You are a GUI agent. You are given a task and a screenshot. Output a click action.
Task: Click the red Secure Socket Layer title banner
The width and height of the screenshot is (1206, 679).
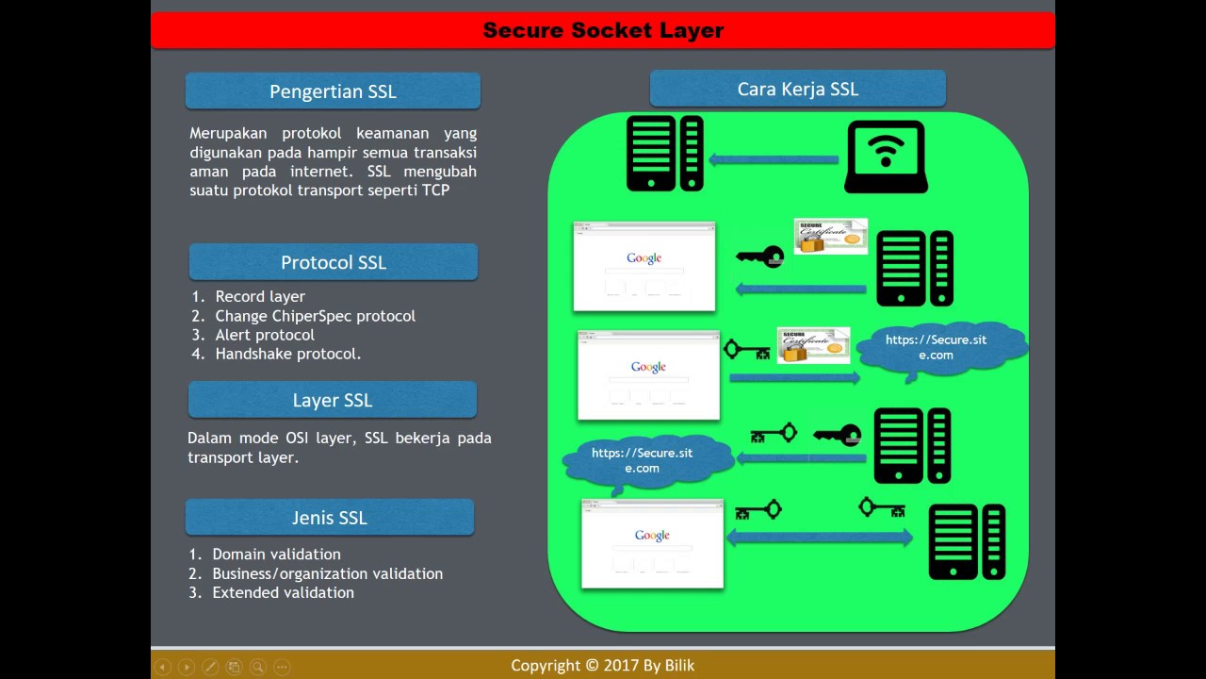tap(603, 30)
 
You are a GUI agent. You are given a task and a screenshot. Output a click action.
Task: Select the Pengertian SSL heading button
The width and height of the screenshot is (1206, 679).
tap(333, 91)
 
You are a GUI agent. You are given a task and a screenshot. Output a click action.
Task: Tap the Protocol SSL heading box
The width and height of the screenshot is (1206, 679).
tap(334, 262)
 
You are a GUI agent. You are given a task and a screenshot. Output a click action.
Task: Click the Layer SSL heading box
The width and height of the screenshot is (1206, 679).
tap(332, 400)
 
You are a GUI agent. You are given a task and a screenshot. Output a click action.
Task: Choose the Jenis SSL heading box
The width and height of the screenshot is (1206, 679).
tap(329, 518)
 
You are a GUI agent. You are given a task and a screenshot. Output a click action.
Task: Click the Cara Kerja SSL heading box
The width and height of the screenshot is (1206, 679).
tap(797, 89)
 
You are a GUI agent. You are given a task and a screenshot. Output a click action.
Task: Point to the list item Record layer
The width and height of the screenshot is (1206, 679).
tap(260, 296)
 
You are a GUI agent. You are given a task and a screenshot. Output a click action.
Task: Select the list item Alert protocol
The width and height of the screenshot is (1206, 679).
tap(265, 335)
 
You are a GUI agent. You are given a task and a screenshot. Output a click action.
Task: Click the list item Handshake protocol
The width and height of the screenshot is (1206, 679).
tap(287, 354)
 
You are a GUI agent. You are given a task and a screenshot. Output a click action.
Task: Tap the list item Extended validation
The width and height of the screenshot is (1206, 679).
tap(283, 592)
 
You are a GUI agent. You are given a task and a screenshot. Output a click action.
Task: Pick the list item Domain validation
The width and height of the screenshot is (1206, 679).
tap(276, 554)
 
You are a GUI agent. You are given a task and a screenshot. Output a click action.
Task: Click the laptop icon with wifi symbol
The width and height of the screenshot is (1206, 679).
tap(885, 156)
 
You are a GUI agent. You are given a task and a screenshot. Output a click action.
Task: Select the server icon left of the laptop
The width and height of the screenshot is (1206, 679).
tap(665, 154)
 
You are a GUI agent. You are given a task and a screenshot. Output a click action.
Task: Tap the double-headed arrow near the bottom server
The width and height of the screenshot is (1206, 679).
tap(819, 538)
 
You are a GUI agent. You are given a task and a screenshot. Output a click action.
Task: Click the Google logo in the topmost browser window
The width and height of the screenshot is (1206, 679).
tap(644, 258)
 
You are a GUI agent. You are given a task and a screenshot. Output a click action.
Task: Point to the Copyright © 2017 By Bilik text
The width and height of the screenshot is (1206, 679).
tap(602, 665)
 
